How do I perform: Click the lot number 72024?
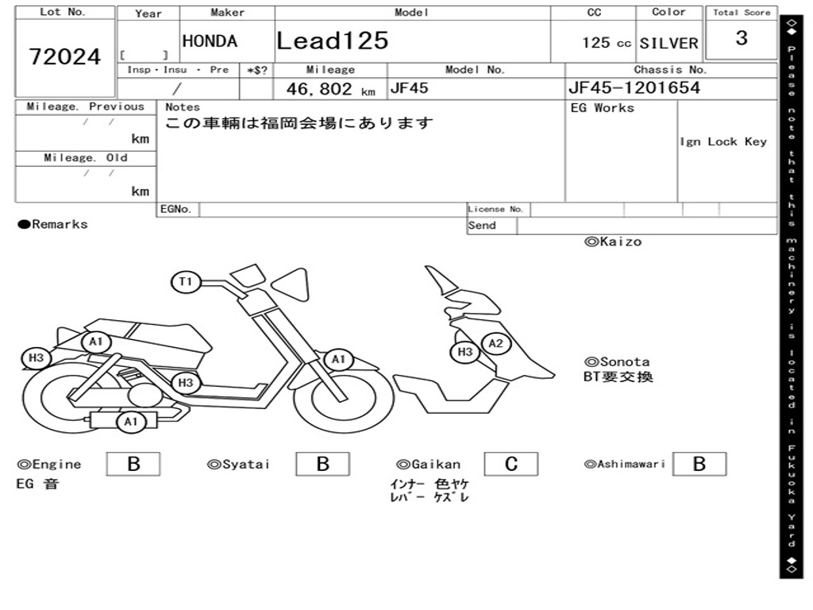[x=65, y=56]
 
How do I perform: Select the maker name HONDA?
[x=210, y=41]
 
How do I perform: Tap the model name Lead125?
[x=333, y=41]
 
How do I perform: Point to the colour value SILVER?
[x=669, y=43]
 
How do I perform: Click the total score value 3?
[x=742, y=38]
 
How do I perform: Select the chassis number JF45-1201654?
[x=634, y=87]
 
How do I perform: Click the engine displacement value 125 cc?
[x=607, y=43]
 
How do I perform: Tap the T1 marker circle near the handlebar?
[x=186, y=281]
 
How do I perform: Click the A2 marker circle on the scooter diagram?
[x=496, y=343]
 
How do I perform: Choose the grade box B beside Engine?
[x=133, y=464]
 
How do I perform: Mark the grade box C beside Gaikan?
[x=511, y=464]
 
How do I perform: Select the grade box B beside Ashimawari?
[x=699, y=464]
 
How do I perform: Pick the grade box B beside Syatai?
[x=323, y=464]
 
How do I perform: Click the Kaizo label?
[x=613, y=241]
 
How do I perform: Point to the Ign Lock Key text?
[x=723, y=141]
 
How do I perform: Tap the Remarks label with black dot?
[x=53, y=224]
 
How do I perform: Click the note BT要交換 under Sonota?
[x=618, y=376]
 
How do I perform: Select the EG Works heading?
[x=603, y=107]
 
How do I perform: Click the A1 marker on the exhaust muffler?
[x=131, y=422]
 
